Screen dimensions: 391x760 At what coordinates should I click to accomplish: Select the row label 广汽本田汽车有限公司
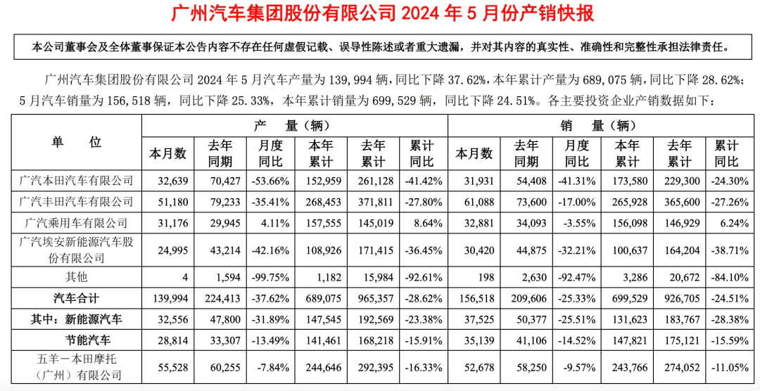pyautogui.click(x=77, y=181)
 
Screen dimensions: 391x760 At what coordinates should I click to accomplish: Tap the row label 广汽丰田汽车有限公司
pyautogui.click(x=77, y=202)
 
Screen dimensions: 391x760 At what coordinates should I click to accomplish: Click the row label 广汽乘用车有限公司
pyautogui.click(x=77, y=223)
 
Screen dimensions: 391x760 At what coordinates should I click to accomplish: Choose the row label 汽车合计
pyautogui.click(x=77, y=297)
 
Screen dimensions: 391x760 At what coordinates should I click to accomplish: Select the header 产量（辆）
pyautogui.click(x=295, y=127)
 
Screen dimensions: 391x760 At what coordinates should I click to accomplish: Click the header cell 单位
pyautogui.click(x=77, y=142)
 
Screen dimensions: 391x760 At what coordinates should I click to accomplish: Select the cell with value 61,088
pyautogui.click(x=474, y=202)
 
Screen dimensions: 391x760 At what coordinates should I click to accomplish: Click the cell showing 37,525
pyautogui.click(x=474, y=319)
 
